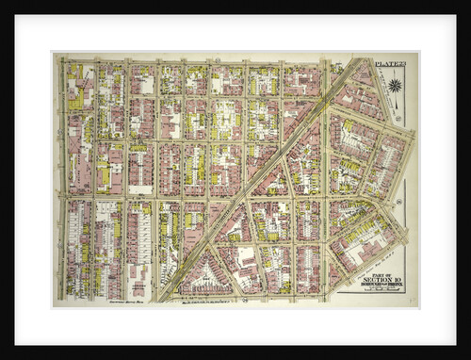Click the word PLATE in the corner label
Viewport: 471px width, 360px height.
pos(383,62)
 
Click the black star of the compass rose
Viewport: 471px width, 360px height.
pos(394,86)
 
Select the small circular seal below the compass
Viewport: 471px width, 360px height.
pos(398,120)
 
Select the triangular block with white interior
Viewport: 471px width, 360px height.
pos(204,277)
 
